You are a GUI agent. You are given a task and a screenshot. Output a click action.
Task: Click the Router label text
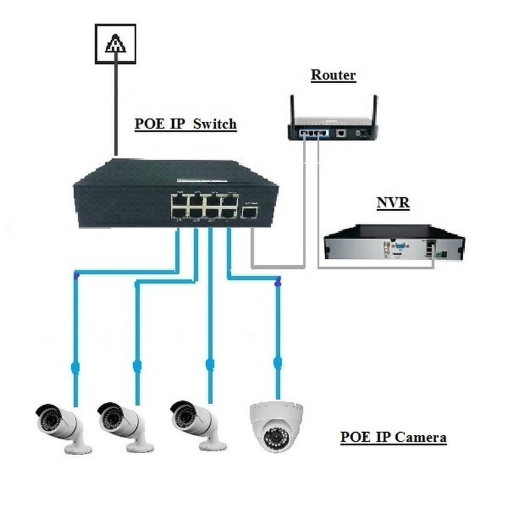tap(333, 75)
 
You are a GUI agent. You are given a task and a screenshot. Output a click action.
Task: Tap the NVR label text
tap(393, 203)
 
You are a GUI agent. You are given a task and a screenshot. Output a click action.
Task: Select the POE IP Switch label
tap(185, 124)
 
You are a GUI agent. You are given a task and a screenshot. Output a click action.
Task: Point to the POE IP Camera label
tap(393, 437)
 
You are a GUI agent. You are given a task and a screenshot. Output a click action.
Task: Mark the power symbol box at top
tap(115, 44)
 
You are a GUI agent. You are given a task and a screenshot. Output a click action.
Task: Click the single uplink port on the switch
tap(249, 211)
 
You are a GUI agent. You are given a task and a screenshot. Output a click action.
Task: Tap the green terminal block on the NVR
tap(442, 254)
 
